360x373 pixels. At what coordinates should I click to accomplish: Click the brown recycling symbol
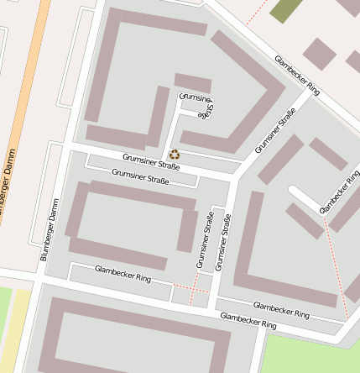click(x=174, y=154)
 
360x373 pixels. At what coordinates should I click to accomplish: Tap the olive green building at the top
click(x=286, y=9)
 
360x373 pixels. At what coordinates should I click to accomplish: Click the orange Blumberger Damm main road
click(x=25, y=101)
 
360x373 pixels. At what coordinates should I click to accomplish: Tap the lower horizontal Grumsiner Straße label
click(x=140, y=176)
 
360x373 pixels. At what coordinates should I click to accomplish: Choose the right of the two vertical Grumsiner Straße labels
click(x=222, y=242)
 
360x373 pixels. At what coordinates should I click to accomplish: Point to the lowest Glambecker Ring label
click(x=248, y=320)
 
